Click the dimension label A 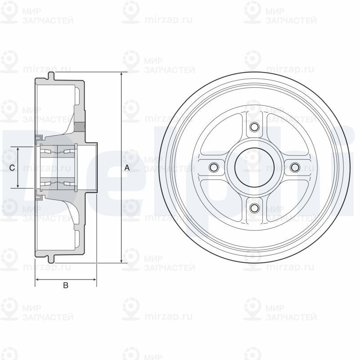point(127,168)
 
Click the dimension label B point(65,285)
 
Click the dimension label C point(12,168)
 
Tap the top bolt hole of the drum point(254,127)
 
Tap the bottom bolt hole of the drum point(254,208)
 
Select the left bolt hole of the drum point(214,167)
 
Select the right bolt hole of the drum point(295,167)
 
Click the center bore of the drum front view point(254,167)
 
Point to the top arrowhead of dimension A point(121,75)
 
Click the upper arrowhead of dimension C point(18,149)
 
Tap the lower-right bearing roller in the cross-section point(67,183)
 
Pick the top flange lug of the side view point(51,76)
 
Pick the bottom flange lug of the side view point(51,259)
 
